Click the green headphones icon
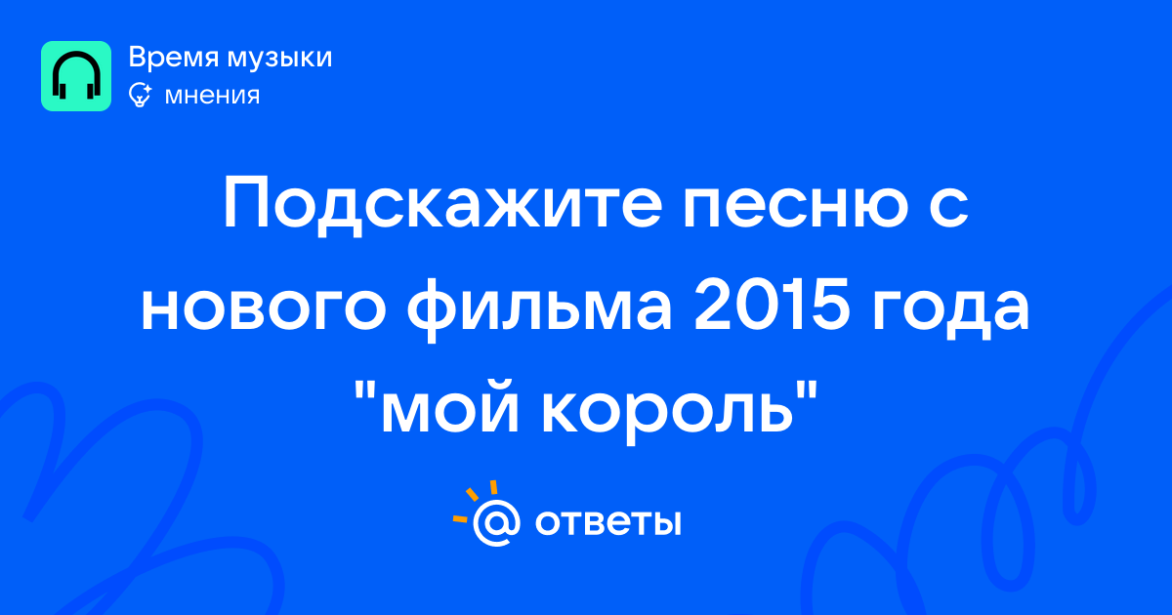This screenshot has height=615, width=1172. point(76,76)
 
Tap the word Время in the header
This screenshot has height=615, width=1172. point(173,57)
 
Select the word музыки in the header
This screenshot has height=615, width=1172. point(280,59)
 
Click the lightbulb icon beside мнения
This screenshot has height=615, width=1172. point(141,95)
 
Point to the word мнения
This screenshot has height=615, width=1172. point(212,97)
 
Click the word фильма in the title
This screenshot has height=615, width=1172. point(539,310)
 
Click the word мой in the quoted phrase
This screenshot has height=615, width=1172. point(450,408)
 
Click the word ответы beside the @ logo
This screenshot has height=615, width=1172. point(607,522)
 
